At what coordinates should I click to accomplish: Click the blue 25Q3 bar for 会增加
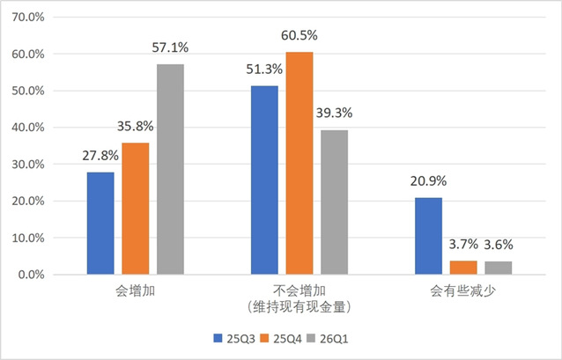100,223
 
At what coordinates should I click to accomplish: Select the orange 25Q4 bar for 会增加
136,209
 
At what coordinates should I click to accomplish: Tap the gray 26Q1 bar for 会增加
171,169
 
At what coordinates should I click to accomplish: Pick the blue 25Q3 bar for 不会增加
264,180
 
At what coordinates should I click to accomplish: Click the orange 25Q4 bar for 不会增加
299,163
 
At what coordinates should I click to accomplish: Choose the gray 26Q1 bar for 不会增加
334,202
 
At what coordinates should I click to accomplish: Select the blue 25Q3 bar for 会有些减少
428,236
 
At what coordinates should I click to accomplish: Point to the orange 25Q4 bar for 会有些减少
463,268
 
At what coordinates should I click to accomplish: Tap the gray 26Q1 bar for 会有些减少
498,268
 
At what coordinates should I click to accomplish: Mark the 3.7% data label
463,244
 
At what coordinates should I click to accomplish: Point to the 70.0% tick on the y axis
37,17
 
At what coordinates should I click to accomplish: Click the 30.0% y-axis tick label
37,164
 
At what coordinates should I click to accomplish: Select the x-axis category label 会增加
136,290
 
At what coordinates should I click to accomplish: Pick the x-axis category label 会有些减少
462,290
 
